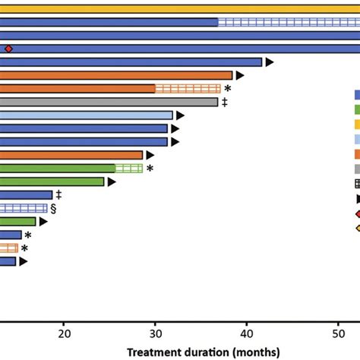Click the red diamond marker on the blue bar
8,49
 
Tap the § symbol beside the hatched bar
53,208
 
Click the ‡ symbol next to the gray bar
225,102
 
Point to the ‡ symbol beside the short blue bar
58,194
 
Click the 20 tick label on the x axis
65,332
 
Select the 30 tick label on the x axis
156,332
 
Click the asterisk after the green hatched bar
150,169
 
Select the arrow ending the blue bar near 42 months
269,62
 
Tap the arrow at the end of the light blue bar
180,115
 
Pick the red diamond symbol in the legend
357,213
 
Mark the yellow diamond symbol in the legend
357,228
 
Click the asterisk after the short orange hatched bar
24,248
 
